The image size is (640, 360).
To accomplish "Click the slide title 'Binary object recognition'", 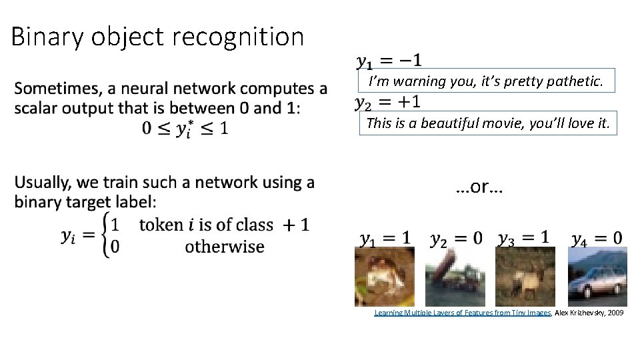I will coord(157,37).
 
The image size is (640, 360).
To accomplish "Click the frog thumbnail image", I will coord(384,277).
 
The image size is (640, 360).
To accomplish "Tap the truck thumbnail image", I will coord(455,277).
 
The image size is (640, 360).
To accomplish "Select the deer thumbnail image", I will coord(525,277).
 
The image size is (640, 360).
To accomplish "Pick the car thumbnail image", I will coord(597,277).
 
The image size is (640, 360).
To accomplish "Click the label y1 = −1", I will coord(389,61).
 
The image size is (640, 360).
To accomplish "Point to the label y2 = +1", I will coord(387,102).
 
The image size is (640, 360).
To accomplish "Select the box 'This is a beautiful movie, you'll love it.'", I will coord(488,123).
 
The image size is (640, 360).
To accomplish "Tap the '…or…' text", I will coord(480,187).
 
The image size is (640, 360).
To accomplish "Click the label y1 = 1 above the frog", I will coord(385,237).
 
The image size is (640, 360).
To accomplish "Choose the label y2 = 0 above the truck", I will coord(457,238).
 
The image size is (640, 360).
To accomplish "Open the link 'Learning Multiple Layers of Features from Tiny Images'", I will coord(462,313).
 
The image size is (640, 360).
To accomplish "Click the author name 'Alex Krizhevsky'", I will coord(579,313).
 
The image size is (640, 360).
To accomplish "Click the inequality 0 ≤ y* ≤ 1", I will coord(185,129).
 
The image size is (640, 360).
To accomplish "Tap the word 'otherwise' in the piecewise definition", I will coord(225,247).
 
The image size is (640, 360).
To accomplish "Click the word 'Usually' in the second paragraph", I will coord(43,183).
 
